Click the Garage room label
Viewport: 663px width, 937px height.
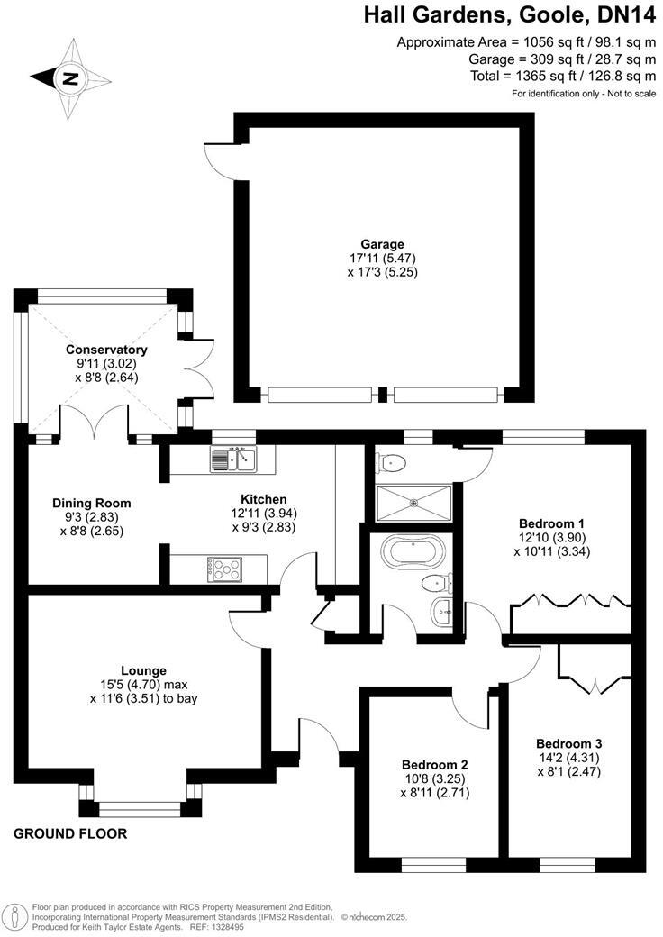[382, 244]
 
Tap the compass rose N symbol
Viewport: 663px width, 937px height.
[71, 78]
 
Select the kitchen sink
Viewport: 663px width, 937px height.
[233, 459]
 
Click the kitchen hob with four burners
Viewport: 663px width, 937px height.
[225, 569]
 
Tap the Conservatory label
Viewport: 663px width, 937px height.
[106, 350]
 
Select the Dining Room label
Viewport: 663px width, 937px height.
[91, 503]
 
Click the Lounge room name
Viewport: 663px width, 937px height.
[143, 670]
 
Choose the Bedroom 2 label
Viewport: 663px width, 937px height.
[435, 765]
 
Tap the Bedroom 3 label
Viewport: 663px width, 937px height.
[569, 744]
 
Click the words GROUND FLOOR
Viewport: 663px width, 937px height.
[70, 833]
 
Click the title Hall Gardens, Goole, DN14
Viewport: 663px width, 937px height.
[510, 15]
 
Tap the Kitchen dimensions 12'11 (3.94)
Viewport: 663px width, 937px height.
[264, 513]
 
